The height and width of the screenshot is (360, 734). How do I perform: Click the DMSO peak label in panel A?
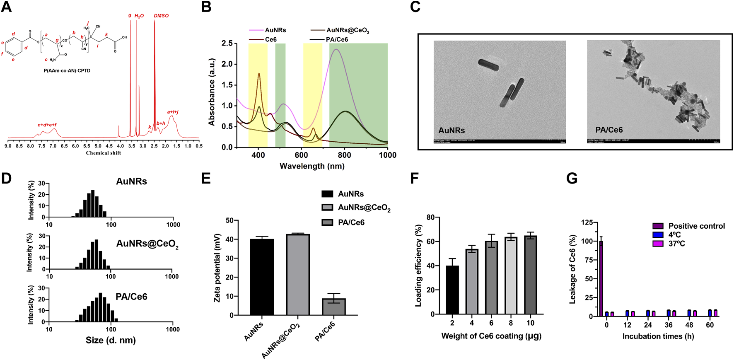[161, 16]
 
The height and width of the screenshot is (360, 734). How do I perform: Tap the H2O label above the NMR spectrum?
[139, 16]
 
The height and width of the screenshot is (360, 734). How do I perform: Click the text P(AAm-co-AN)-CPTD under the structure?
[67, 70]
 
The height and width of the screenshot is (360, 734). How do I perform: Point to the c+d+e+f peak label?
[47, 125]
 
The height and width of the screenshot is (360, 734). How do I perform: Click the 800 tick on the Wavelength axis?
[345, 155]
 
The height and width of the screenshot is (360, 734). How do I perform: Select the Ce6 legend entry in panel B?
[270, 39]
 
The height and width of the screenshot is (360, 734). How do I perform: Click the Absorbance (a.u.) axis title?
[212, 92]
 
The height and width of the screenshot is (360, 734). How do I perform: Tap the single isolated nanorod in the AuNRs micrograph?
[488, 64]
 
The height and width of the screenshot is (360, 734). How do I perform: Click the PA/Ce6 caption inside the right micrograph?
[609, 130]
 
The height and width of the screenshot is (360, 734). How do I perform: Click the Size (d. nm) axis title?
[111, 341]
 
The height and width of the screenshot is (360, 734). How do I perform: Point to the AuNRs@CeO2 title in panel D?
[147, 244]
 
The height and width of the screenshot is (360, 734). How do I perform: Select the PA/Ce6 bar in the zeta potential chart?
[334, 307]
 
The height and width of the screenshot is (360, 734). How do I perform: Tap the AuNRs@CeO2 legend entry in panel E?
[364, 208]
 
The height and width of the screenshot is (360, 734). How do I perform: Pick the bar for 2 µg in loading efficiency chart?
[452, 290]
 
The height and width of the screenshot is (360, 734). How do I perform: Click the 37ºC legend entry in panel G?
[676, 244]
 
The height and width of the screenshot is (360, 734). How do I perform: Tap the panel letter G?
[572, 178]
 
